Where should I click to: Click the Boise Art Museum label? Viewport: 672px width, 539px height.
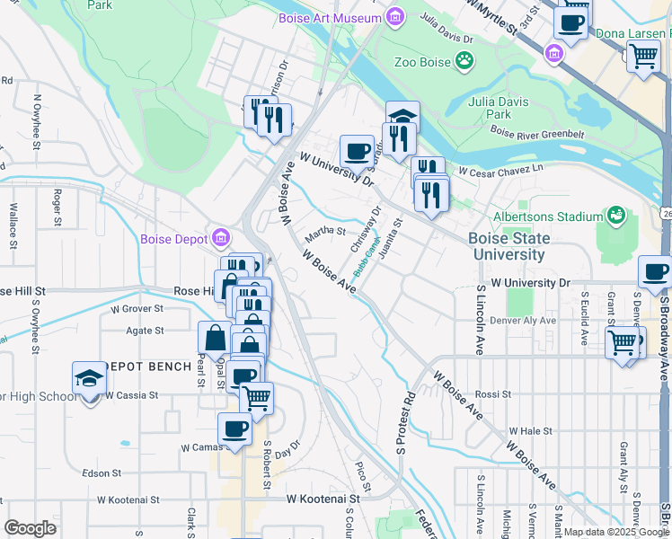[x=331, y=17]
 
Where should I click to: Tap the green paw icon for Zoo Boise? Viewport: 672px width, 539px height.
[x=464, y=61]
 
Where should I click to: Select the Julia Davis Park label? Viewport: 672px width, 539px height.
[x=498, y=108]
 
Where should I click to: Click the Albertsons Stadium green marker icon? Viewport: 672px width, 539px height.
[x=616, y=216]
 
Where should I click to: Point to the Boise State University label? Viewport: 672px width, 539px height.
[x=507, y=246]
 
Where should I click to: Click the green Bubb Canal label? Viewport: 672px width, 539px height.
[x=367, y=258]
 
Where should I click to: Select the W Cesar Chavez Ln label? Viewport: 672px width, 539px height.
[x=501, y=169]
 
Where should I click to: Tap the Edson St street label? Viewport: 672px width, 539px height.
[x=102, y=473]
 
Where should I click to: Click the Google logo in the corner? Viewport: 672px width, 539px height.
[x=30, y=527]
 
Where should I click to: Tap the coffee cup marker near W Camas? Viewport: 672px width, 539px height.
[x=235, y=429]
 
